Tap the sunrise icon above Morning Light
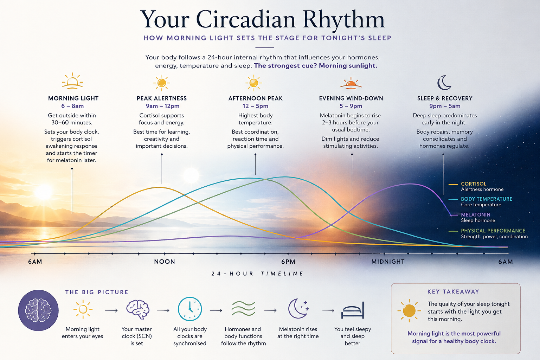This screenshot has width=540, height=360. tap(72, 81)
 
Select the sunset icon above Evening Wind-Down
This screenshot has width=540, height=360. tap(351, 83)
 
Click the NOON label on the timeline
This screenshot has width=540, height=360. tap(165, 262)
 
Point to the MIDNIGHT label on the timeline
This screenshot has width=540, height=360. tap(388, 262)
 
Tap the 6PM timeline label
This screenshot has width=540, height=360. tap(288, 262)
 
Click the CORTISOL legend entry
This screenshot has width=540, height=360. tap(474, 184)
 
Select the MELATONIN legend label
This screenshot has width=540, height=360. tap(476, 214)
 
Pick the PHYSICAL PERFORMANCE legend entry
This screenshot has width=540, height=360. tap(493, 231)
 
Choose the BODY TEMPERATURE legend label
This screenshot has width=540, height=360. tap(487, 199)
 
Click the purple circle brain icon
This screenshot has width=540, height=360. tap(38, 310)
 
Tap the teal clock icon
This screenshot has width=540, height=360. tap(190, 309)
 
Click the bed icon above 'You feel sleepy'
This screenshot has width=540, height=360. tap(353, 310)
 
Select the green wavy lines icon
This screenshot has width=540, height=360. tap(243, 308)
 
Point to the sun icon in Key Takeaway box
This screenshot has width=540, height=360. tap(409, 310)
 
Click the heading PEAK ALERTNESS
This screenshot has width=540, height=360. tap(162, 98)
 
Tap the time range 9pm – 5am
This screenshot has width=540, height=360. tap(445, 106)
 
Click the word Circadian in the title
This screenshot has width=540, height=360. tap(246, 20)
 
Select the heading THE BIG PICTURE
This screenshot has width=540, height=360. tap(97, 292)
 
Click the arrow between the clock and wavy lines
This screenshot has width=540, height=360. tap(216, 310)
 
